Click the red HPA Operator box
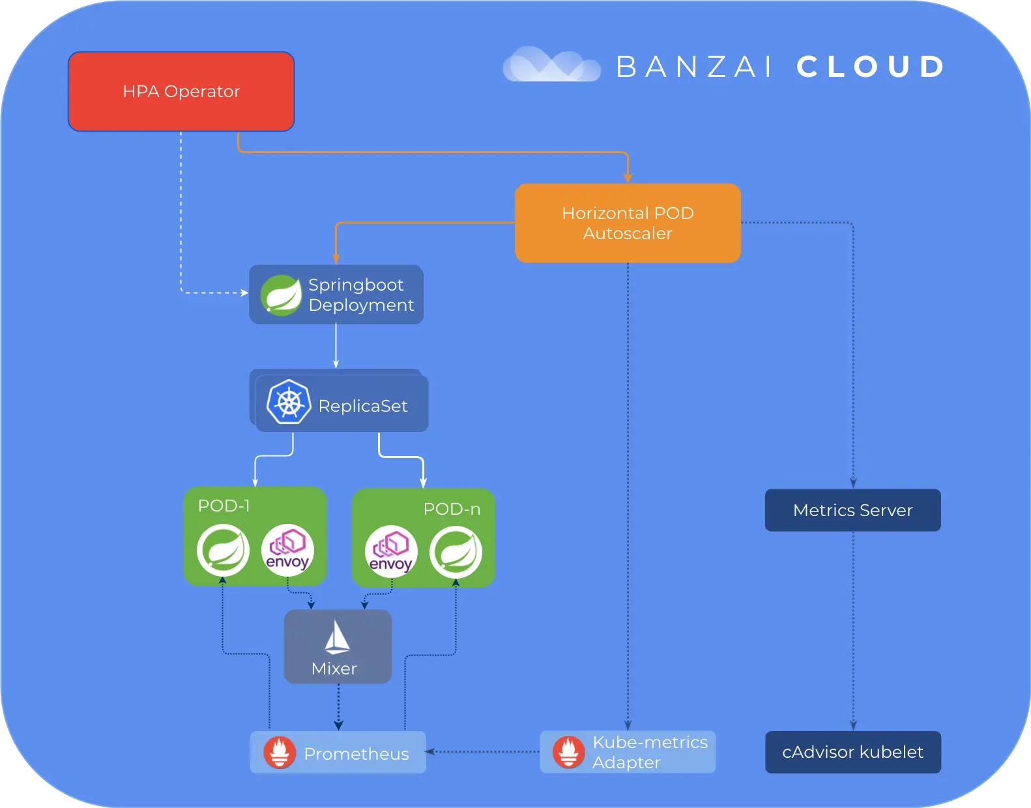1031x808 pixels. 181,91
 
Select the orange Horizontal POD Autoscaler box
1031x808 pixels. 628,223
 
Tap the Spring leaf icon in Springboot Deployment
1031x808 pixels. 281,295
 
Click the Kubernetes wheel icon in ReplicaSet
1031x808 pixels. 288,402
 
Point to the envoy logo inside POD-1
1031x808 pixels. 287,550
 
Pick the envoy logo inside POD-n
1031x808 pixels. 391,552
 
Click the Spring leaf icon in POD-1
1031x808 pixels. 224,550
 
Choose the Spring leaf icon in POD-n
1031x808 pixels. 456,552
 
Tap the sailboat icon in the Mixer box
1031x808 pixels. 337,638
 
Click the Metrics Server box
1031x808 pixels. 852,510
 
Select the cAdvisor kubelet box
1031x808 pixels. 852,752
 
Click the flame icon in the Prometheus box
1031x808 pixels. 280,753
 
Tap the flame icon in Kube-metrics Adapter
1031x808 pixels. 568,752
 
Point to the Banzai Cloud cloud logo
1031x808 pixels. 551,65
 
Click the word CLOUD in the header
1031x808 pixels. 871,66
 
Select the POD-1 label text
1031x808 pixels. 224,506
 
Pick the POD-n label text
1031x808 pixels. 452,509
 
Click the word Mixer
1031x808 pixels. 334,669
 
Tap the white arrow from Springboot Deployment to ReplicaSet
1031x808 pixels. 336,346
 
